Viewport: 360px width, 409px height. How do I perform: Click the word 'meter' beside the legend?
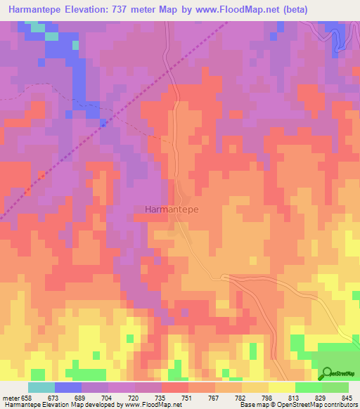(11, 398)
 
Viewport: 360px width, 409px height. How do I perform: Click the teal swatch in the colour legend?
(41, 387)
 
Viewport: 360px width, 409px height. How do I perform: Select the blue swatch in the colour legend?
(68, 387)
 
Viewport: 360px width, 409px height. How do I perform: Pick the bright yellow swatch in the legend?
(281, 387)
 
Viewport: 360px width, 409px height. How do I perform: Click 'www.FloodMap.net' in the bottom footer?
(152, 405)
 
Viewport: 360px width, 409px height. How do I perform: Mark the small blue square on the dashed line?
(103, 124)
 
